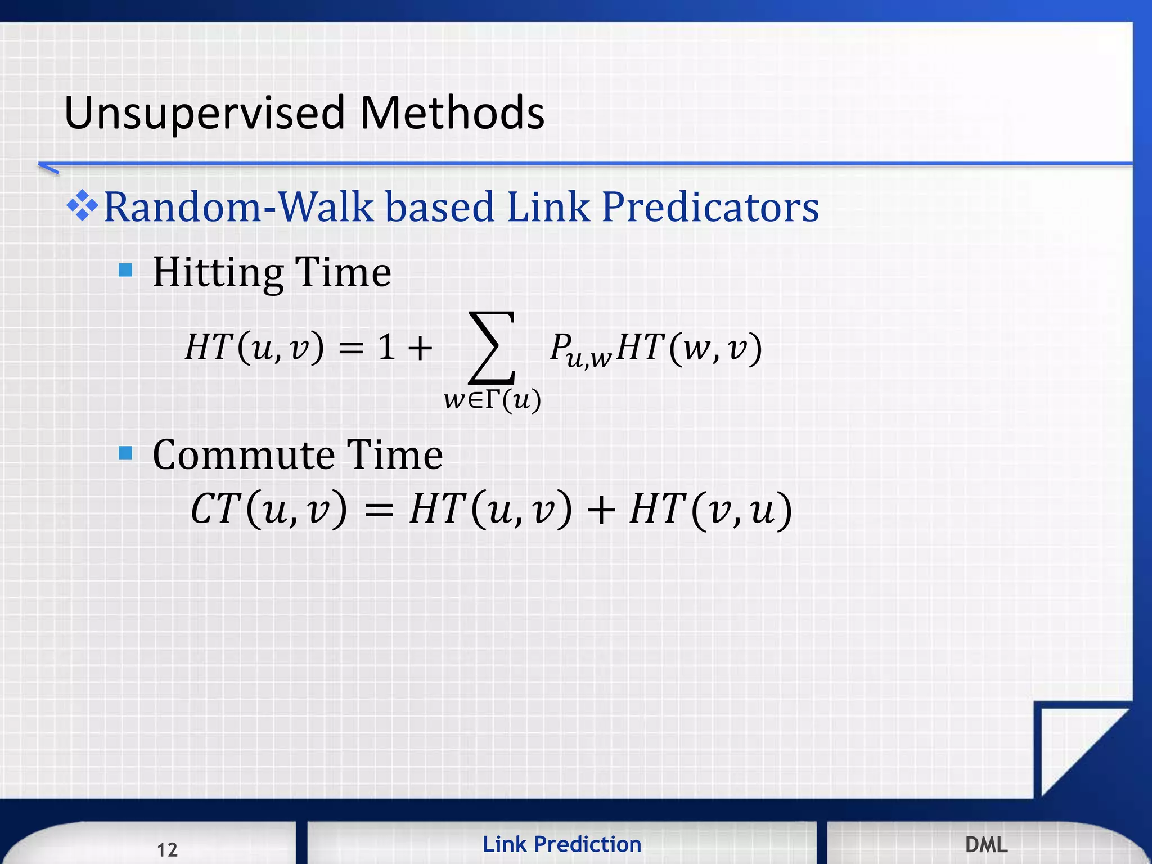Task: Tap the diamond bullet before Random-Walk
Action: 82,206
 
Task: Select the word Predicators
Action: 710,207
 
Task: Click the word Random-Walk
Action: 238,207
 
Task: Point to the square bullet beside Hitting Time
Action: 126,271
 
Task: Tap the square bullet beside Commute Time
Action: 126,453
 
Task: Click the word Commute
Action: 243,454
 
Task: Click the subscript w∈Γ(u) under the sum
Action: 492,400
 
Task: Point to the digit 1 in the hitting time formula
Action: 386,346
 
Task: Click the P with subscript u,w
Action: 579,350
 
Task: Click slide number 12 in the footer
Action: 167,849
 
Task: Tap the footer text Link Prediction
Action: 562,844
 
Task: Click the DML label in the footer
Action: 986,844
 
